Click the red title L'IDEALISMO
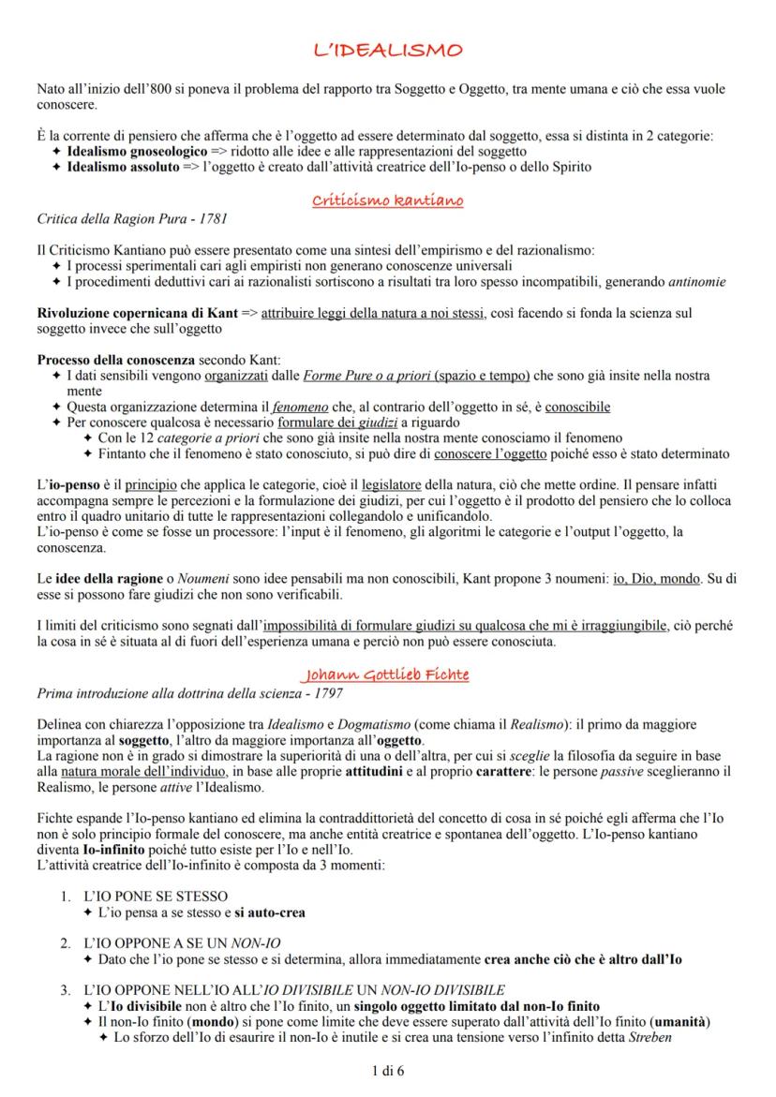click(x=387, y=51)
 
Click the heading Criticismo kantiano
click(x=387, y=200)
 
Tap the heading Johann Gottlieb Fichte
click(x=387, y=675)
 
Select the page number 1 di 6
click(x=387, y=1068)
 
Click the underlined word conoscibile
click(x=579, y=407)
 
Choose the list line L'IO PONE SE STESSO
click(x=156, y=896)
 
